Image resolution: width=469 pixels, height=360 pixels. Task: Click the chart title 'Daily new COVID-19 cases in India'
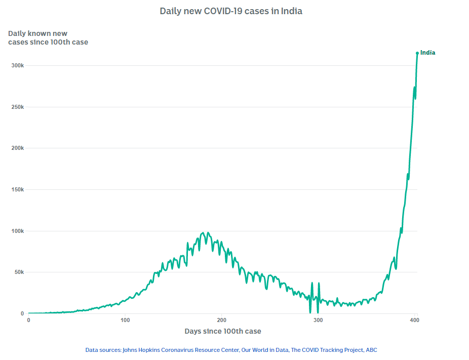click(x=231, y=11)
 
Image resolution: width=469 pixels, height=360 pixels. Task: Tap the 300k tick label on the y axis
click(x=17, y=66)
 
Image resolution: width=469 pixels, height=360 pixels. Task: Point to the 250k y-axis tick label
click(x=17, y=107)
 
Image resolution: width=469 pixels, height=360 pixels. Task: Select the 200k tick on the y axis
click(x=17, y=148)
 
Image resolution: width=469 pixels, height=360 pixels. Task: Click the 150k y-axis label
click(x=17, y=190)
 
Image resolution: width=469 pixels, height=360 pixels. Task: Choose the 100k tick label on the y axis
click(x=17, y=231)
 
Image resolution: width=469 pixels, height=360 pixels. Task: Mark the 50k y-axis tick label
click(x=18, y=272)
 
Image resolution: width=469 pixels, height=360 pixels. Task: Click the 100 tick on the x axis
click(x=125, y=321)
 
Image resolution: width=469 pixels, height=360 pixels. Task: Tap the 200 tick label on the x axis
click(x=221, y=321)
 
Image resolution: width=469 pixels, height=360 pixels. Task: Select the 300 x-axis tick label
click(x=318, y=321)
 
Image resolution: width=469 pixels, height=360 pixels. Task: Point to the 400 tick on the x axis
click(x=415, y=321)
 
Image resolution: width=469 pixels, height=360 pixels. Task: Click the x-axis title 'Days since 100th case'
click(x=223, y=331)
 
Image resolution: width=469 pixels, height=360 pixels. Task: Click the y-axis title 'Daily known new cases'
click(x=48, y=38)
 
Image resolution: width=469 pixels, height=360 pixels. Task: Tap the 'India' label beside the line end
click(x=427, y=53)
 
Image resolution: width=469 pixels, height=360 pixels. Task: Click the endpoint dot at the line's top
click(x=417, y=53)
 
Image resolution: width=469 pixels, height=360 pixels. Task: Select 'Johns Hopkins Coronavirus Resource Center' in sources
click(x=180, y=350)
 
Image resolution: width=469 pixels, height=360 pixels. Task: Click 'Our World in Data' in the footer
click(x=265, y=350)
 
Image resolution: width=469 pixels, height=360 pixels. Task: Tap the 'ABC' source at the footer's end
click(x=371, y=350)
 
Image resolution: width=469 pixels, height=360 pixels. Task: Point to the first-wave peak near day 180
click(x=203, y=233)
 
